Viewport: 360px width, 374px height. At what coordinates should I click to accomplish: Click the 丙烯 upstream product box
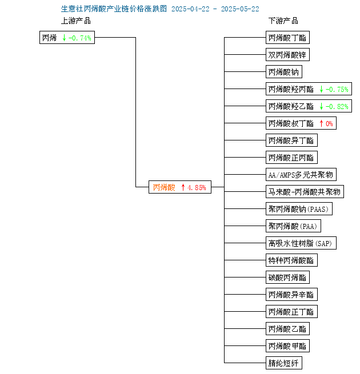[x=67, y=38]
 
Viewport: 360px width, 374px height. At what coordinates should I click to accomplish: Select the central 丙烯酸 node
[x=180, y=187]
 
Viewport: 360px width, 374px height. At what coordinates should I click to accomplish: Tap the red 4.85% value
[x=197, y=187]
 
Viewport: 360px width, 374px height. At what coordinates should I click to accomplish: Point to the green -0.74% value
[x=80, y=38]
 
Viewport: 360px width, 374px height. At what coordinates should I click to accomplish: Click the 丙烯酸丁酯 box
[x=287, y=38]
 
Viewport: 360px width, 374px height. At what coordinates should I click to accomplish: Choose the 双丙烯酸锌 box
[x=287, y=55]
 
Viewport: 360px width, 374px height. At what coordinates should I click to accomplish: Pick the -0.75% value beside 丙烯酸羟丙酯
[x=337, y=90]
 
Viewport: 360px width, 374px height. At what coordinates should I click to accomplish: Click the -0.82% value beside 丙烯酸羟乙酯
[x=337, y=106]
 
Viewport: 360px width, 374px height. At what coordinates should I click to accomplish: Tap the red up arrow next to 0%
[x=321, y=123]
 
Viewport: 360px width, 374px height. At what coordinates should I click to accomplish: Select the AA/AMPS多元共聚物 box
[x=301, y=174]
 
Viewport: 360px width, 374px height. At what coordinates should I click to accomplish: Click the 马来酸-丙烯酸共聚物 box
[x=305, y=191]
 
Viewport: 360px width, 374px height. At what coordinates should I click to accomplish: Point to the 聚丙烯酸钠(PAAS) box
[x=299, y=209]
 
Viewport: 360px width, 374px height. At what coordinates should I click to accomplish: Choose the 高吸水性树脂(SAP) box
[x=301, y=243]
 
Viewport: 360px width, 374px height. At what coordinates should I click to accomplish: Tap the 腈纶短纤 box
[x=284, y=363]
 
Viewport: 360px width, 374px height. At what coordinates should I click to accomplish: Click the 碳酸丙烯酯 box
[x=287, y=277]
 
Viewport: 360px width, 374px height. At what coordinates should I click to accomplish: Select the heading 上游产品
[x=76, y=21]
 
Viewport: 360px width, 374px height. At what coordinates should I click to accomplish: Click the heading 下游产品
[x=283, y=21]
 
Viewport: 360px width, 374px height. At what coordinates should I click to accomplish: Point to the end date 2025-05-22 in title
[x=240, y=9]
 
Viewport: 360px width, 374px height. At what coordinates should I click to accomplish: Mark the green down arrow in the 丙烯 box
[x=64, y=38]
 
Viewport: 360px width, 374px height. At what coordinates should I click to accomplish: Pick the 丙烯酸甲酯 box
[x=287, y=345]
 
